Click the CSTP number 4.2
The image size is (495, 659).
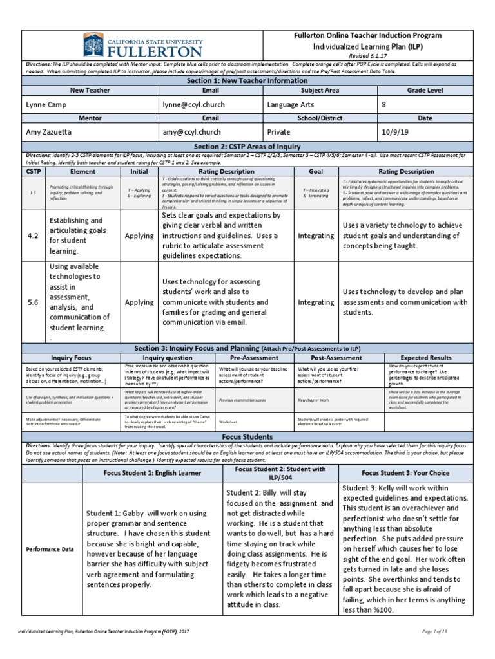tap(33, 236)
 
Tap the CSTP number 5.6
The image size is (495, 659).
tap(33, 302)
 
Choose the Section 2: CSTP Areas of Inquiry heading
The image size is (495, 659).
tap(247, 147)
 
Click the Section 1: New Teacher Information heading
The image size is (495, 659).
tap(247, 81)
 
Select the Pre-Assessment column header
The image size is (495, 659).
tap(254, 357)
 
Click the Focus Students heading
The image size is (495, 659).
tap(247, 436)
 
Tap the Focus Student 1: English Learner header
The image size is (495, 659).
tap(153, 472)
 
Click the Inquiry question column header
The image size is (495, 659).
tap(167, 357)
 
